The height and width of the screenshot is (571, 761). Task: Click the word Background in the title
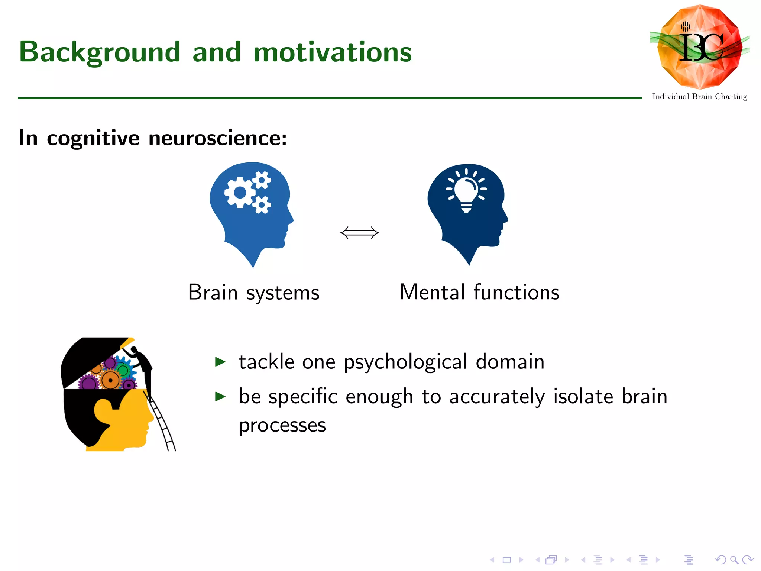pyautogui.click(x=100, y=52)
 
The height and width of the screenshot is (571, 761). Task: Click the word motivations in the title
pyautogui.click(x=332, y=52)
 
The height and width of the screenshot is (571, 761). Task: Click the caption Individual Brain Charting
pyautogui.click(x=699, y=97)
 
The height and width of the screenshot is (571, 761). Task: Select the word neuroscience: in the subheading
pyautogui.click(x=217, y=138)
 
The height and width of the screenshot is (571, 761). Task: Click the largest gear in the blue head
pyautogui.click(x=240, y=192)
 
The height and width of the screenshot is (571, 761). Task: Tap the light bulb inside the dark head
pyautogui.click(x=466, y=191)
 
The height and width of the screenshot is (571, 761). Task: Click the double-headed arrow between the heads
pyautogui.click(x=359, y=233)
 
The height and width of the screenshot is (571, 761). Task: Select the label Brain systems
pyautogui.click(x=254, y=292)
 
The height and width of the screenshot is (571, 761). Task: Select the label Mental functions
pyautogui.click(x=479, y=292)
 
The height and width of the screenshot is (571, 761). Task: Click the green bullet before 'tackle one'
pyautogui.click(x=220, y=361)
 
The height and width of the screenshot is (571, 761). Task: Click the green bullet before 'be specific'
pyautogui.click(x=220, y=396)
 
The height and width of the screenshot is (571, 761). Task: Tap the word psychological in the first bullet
pyautogui.click(x=405, y=362)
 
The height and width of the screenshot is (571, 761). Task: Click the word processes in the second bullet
pyautogui.click(x=282, y=425)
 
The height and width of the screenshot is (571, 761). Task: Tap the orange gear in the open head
pyautogui.click(x=110, y=380)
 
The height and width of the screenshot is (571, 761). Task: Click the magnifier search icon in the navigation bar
pyautogui.click(x=734, y=559)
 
